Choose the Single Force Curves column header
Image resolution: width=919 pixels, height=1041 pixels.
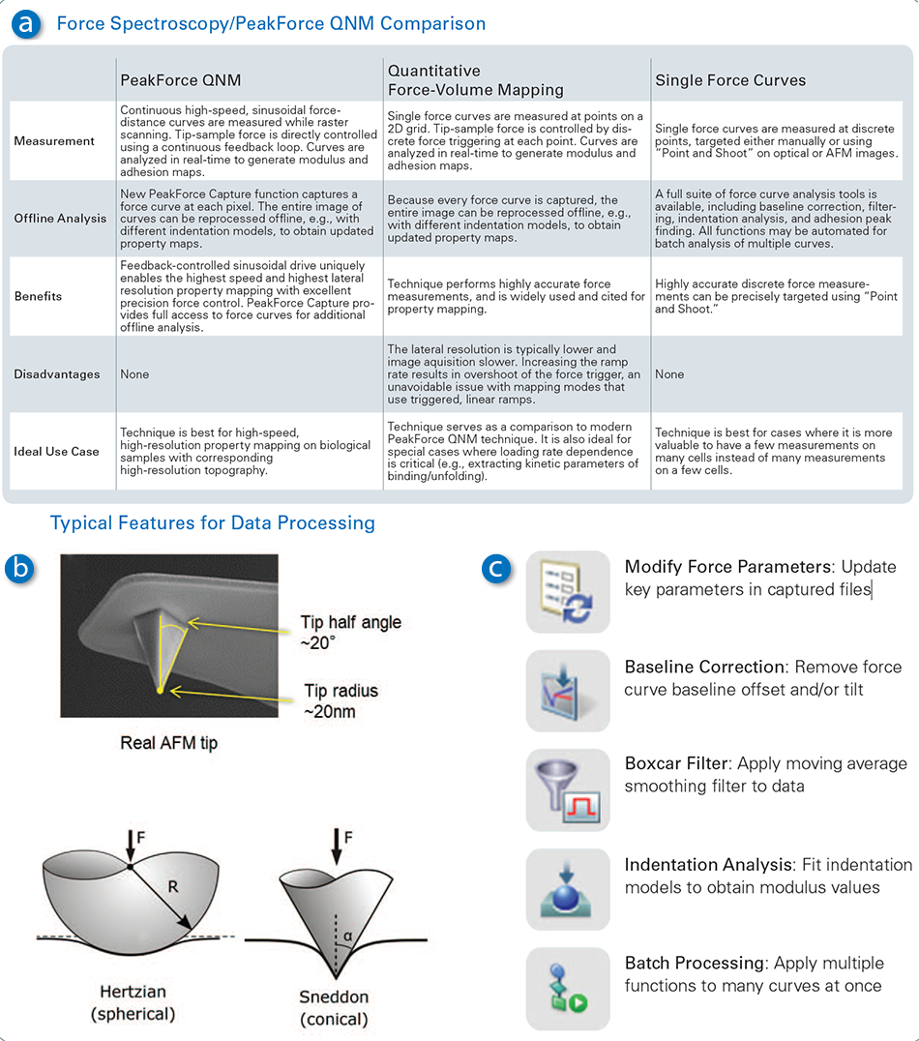pos(730,79)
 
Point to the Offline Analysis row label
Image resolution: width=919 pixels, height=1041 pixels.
pos(60,219)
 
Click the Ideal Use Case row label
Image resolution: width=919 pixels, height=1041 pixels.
pos(56,452)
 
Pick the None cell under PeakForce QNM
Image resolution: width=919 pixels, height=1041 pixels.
pos(134,374)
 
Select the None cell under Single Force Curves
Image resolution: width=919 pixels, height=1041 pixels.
pos(669,374)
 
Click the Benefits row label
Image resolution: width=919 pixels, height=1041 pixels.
pos(38,296)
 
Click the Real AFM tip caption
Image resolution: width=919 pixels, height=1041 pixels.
pos(168,744)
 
